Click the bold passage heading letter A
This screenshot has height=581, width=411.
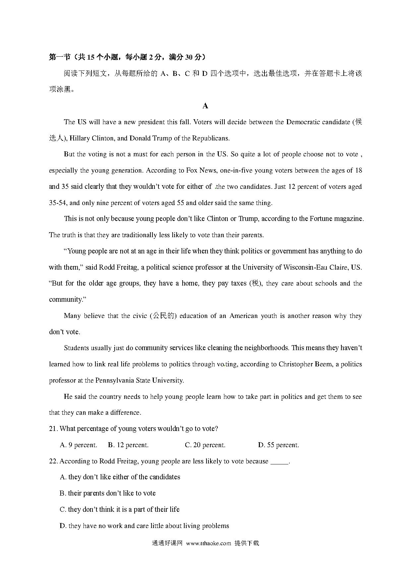[x=205, y=106]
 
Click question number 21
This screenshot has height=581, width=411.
[x=53, y=429]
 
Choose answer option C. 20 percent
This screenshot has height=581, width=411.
[x=205, y=445]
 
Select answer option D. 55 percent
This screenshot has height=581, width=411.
[x=278, y=445]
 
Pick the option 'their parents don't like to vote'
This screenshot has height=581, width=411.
[x=108, y=493]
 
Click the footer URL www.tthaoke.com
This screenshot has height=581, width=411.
[x=208, y=543]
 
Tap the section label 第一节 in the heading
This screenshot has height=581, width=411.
[x=60, y=57]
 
